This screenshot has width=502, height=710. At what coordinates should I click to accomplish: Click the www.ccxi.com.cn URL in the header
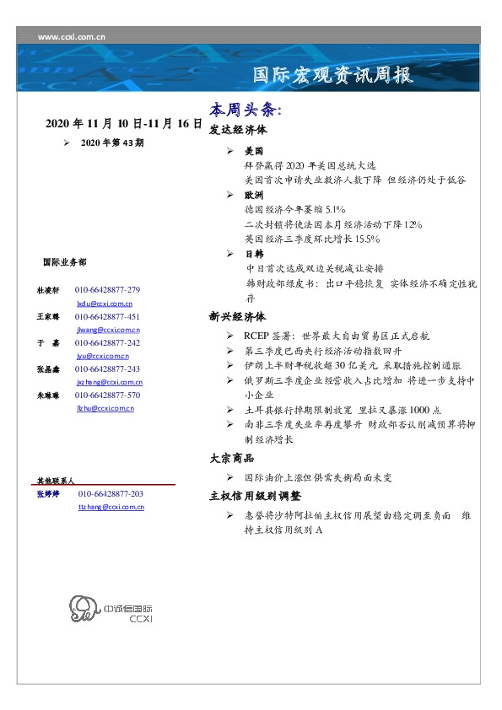tap(72, 37)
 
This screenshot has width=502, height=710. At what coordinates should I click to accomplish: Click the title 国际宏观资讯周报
tap(333, 76)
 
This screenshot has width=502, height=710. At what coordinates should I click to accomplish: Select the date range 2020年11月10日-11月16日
tap(123, 124)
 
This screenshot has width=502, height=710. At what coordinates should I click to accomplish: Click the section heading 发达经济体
tap(238, 131)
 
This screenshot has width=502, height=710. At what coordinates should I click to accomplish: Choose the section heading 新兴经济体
tap(238, 317)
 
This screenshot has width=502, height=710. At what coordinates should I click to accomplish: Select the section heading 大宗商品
tap(232, 459)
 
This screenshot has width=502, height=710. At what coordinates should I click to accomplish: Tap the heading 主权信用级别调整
tap(255, 496)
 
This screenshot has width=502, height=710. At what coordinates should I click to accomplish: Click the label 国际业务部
tap(63, 263)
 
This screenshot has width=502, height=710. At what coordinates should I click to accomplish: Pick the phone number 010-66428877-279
tap(107, 290)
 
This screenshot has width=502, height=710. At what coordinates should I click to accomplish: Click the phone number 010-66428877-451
tap(107, 317)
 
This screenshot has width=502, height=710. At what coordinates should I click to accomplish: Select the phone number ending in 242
tap(107, 343)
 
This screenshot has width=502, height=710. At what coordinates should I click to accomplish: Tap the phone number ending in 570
tap(107, 395)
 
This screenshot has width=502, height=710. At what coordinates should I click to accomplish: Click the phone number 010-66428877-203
tap(111, 494)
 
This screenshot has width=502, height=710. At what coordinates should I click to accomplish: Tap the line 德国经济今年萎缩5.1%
tap(289, 208)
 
